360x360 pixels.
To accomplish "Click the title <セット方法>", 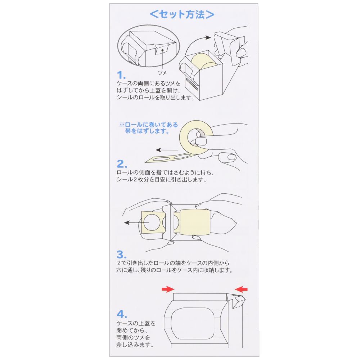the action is [x=182, y=14].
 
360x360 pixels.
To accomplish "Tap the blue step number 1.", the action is [x=121, y=75].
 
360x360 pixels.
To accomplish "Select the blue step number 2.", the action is [x=122, y=164].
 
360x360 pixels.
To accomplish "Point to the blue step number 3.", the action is [x=121, y=255].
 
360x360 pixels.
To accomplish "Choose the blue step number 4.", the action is [x=122, y=314].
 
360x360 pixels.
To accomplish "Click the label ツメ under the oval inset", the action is [x=162, y=73].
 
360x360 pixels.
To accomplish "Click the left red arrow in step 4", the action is [x=168, y=289].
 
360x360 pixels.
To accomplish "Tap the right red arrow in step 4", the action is [x=241, y=289].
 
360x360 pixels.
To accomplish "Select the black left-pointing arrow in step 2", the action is [x=167, y=150].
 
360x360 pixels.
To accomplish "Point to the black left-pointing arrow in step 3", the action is [x=136, y=223].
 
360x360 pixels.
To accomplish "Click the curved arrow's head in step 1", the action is [x=208, y=37].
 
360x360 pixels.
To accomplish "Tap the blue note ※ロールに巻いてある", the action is [x=149, y=125].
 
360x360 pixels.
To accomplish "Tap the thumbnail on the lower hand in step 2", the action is [x=231, y=158].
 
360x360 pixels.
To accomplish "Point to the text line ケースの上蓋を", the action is [x=136, y=323].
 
